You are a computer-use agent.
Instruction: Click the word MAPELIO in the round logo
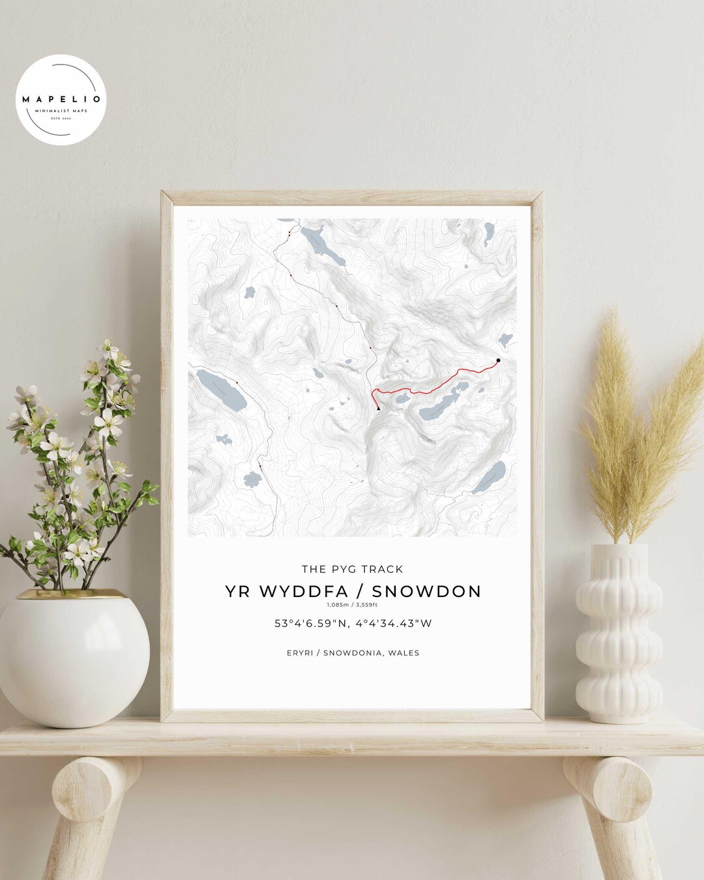[61, 100]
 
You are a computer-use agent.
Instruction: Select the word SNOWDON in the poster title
[426, 591]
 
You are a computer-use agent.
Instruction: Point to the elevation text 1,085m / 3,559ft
[352, 605]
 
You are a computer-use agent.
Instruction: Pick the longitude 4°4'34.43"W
[394, 623]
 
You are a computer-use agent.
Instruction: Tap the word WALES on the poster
[403, 653]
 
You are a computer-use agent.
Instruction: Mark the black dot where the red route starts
[499, 360]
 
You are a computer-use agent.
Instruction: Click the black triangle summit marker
[378, 409]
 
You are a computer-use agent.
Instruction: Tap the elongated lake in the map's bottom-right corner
[490, 477]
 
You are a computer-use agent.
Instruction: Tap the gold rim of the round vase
[72, 594]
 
